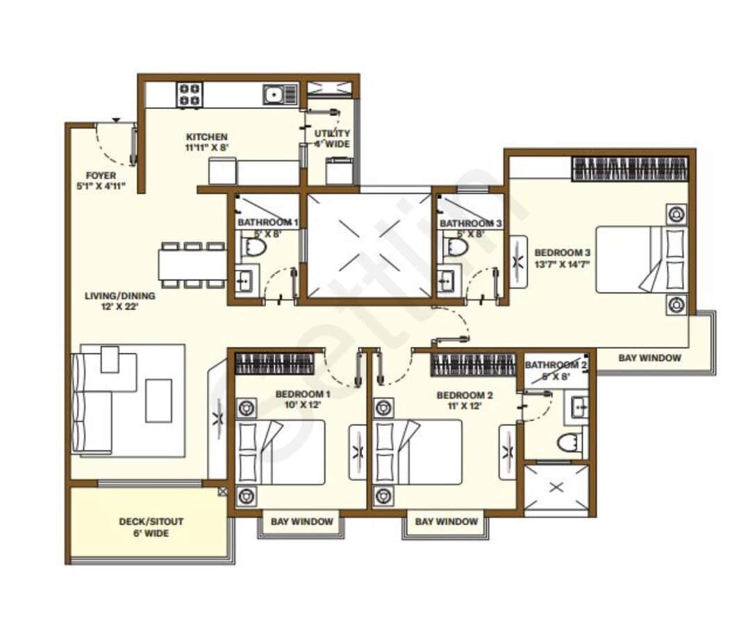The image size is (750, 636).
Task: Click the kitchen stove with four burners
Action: (189, 94)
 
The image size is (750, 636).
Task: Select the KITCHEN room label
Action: (206, 137)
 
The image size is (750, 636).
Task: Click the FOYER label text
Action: (101, 176)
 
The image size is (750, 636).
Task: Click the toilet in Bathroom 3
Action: (455, 247)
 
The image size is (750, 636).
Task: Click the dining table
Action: (192, 264)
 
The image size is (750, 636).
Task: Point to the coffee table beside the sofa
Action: (158, 400)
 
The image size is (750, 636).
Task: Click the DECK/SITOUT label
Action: (151, 521)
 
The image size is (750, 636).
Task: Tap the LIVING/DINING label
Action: (120, 295)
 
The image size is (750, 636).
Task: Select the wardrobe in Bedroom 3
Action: (630, 170)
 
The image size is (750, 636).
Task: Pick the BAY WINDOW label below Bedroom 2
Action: (447, 522)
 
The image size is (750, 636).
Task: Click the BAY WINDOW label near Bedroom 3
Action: (649, 358)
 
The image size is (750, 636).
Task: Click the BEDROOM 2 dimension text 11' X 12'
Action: (465, 407)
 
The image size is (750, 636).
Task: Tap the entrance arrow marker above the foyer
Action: (115, 121)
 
